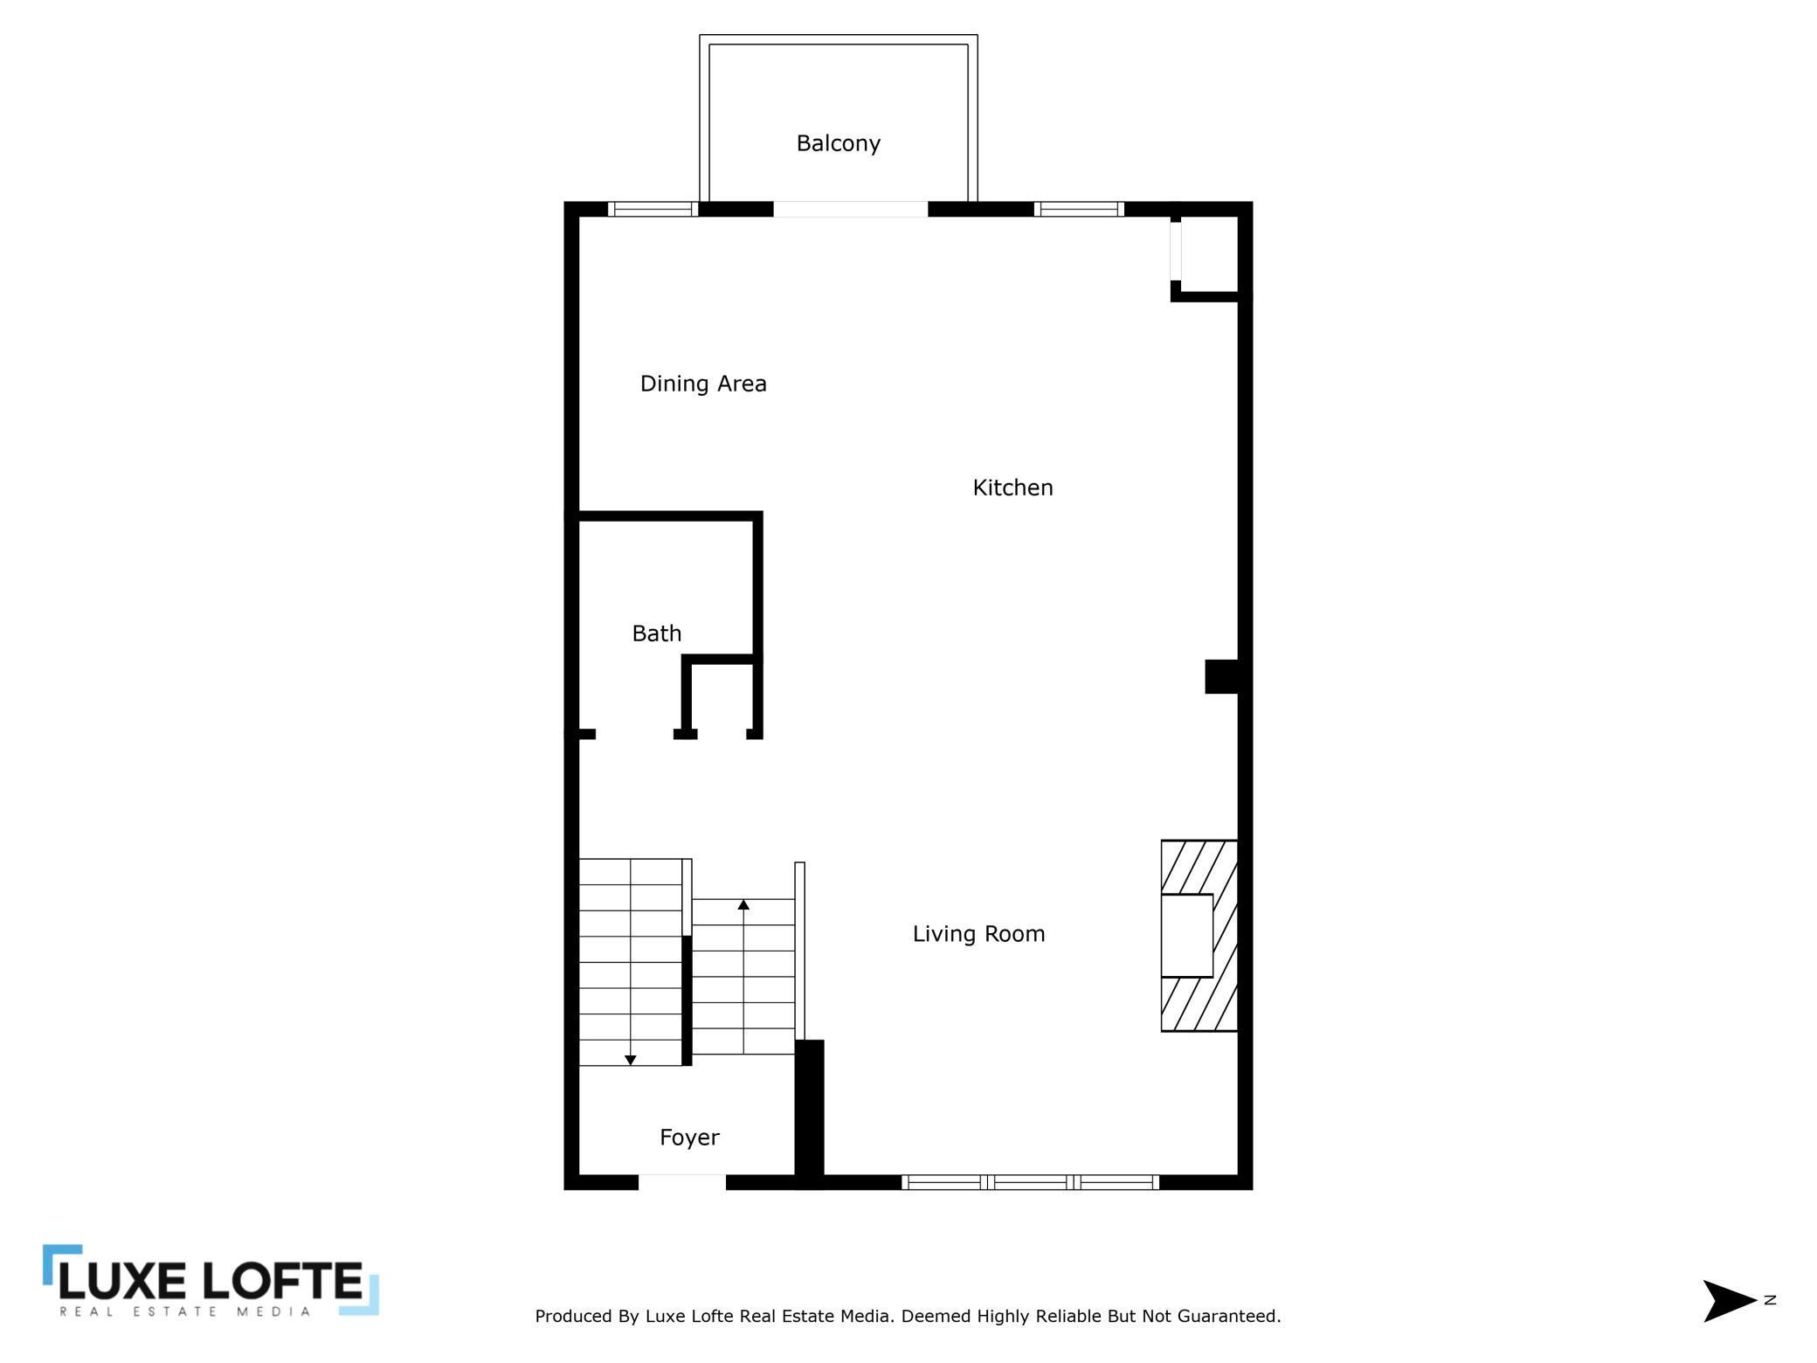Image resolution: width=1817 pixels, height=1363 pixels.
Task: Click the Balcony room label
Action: point(838,143)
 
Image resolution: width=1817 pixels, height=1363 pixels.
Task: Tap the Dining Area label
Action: point(703,384)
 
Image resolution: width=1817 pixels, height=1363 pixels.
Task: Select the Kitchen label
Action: point(1012,488)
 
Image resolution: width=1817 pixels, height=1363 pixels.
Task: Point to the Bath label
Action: point(656,633)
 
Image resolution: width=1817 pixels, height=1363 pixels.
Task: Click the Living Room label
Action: point(978,934)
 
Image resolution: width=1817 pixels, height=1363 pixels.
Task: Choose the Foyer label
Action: point(689,1138)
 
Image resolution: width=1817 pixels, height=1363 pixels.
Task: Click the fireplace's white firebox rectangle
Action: point(1186,936)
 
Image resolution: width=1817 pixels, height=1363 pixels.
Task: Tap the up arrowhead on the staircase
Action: point(743,904)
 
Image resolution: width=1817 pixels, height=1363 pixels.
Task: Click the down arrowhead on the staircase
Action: point(631,1060)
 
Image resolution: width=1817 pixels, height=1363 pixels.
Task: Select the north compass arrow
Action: point(1730,1301)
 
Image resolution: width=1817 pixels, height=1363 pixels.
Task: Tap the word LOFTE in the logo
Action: point(282,1282)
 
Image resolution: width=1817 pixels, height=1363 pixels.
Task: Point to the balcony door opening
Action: point(850,210)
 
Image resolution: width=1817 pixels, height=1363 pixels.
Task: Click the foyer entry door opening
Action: point(682,1182)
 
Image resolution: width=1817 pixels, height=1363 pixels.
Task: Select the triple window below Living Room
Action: point(1031,1182)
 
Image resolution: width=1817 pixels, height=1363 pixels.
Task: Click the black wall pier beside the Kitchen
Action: point(1222,677)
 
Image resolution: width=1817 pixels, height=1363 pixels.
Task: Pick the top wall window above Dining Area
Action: point(653,210)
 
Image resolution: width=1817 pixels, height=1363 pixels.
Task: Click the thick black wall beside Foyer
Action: point(809,1114)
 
